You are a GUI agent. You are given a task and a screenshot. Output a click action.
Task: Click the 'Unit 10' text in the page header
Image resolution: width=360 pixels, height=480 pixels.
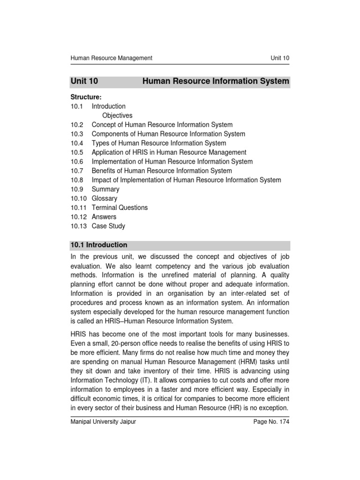pos(280,58)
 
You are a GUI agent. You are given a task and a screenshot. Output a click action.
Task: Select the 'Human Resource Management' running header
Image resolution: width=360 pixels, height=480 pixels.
pos(111,58)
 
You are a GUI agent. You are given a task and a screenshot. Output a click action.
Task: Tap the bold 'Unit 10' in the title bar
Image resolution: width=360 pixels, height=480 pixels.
pos(84,82)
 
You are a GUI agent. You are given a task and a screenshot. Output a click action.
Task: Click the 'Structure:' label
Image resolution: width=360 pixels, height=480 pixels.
pos(86,97)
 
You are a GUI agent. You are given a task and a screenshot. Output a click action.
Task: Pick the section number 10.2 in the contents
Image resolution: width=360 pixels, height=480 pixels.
pos(77,125)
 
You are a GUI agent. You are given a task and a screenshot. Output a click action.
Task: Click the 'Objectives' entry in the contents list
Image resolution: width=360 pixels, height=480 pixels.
pos(117,115)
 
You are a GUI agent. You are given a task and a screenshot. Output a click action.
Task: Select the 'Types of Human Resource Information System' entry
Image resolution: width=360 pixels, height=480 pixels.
pos(159,143)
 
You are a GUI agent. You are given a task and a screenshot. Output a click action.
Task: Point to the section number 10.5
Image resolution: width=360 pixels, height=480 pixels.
pos(77,152)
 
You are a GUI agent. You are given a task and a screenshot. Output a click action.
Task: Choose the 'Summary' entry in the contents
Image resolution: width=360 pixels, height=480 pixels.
pos(105,189)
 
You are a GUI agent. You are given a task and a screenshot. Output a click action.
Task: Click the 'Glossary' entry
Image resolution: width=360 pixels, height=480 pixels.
pos(105,198)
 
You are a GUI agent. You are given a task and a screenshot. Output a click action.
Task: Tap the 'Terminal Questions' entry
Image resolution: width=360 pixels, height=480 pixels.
pos(120,208)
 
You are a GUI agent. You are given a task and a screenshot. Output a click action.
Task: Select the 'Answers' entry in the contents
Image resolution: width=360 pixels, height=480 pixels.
pos(104,217)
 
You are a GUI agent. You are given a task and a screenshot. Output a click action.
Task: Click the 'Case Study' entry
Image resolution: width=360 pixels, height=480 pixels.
pos(108,226)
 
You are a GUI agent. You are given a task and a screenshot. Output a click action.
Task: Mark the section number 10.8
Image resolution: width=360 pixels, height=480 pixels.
pos(77,180)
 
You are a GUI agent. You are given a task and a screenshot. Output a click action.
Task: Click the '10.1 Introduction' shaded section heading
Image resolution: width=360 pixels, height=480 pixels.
pos(99,245)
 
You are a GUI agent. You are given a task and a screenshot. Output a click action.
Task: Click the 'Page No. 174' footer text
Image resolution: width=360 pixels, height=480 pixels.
pos(271,422)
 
